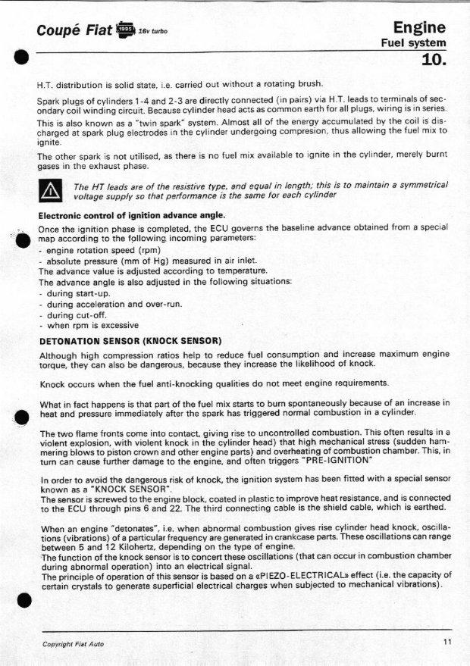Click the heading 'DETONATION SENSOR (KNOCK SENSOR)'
tap(130, 340)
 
